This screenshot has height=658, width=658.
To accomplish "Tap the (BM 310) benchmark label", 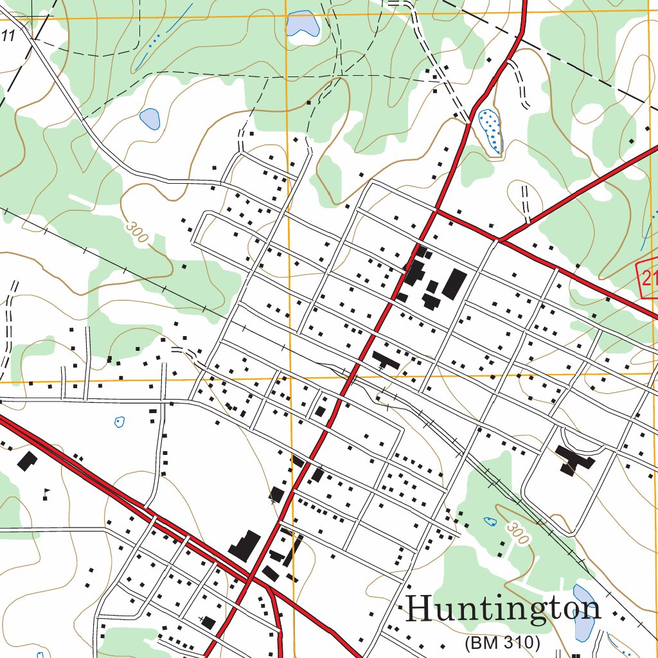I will pos(502,642).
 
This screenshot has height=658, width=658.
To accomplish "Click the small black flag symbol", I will pos(46,493).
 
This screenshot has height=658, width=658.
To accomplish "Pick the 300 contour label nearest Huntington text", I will pos(517,533).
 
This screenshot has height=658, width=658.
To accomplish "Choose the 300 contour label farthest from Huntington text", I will pos(137,232).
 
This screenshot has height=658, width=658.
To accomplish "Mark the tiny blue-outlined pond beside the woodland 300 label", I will pos(490,520).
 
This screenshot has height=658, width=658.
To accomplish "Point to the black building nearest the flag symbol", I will pos(27,461).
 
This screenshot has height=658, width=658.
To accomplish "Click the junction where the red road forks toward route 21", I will pos(499,240).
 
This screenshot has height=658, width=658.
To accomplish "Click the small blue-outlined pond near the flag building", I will pos(119,422).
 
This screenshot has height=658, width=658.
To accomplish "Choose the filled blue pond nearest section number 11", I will pos(150,118).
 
